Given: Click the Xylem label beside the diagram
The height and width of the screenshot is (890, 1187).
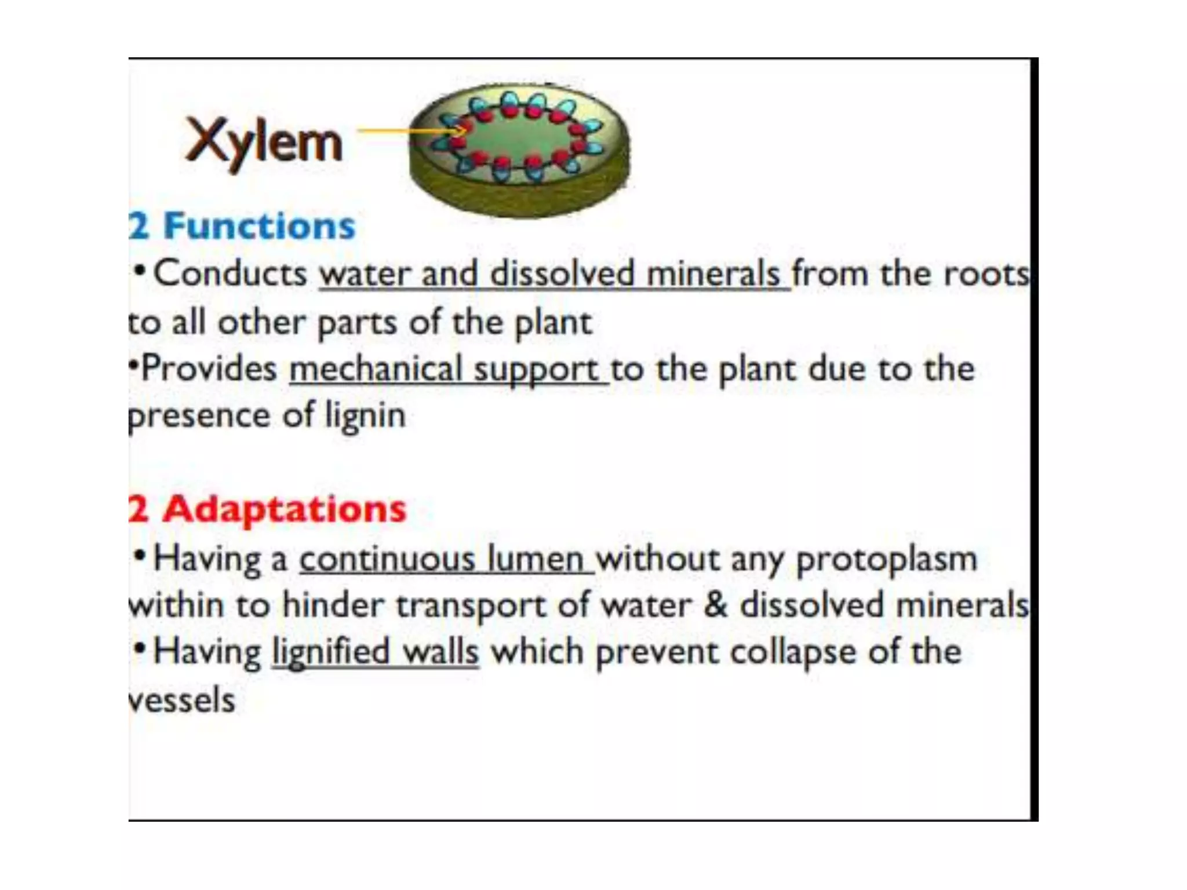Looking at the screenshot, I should click(x=264, y=142).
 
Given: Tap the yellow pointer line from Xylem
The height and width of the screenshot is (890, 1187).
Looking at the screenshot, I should click(x=400, y=131).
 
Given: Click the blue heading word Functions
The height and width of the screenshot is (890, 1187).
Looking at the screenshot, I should click(x=259, y=226).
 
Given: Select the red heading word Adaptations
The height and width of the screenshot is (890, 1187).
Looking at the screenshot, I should click(x=284, y=509).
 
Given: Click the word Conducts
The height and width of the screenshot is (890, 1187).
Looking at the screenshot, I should click(x=230, y=273).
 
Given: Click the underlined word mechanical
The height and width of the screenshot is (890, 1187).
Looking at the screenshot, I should click(x=376, y=369).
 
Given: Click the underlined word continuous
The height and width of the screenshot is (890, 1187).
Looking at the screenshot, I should click(x=387, y=559).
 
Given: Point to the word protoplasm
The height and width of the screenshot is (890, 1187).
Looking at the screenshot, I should click(x=887, y=560).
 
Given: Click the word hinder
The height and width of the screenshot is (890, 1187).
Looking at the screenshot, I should click(x=333, y=605).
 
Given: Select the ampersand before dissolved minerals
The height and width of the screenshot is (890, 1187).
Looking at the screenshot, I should click(x=715, y=605).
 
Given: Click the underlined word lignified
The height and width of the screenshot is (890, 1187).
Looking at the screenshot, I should click(x=330, y=652).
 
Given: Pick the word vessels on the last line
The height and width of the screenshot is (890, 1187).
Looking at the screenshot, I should click(x=182, y=699).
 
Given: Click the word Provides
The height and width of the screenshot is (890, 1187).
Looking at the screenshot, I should click(x=209, y=369).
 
